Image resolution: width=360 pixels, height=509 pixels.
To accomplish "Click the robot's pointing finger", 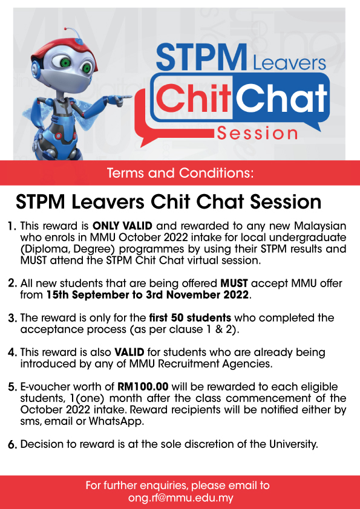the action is (x=125, y=97).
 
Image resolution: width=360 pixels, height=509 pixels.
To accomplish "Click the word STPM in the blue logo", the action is (x=201, y=57).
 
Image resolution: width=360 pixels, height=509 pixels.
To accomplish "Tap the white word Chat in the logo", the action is (x=281, y=97).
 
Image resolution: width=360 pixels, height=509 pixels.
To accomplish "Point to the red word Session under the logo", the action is (x=257, y=133).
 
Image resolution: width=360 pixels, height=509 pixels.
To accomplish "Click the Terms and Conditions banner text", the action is (x=180, y=173).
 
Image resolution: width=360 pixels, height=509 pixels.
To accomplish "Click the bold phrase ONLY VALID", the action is (x=122, y=225).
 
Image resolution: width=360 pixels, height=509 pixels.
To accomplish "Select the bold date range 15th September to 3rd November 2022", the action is (x=147, y=295).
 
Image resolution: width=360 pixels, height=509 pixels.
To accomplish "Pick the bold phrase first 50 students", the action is (x=190, y=317).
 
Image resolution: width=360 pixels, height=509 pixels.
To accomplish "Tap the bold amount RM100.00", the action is (x=143, y=387).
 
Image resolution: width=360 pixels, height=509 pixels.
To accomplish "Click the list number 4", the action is (x=12, y=352).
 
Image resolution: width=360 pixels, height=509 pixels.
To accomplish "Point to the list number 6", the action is (x=12, y=445).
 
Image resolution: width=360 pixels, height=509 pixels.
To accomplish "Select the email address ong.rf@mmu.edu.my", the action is (x=181, y=498).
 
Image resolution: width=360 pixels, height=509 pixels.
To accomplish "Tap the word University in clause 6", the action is (x=293, y=444).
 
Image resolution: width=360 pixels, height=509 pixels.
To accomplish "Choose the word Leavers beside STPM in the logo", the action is (x=289, y=63).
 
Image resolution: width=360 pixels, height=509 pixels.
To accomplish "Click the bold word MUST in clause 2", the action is (x=234, y=284).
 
